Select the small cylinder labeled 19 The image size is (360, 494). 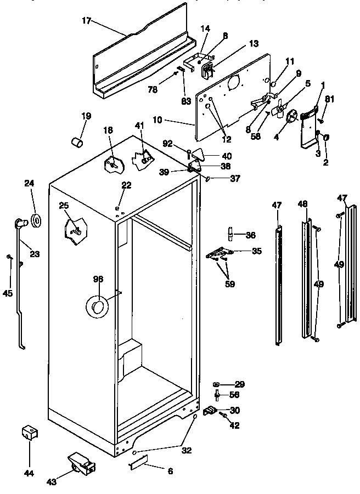point(78,142)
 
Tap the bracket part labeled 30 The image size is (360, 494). point(210,410)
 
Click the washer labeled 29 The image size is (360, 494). point(217,383)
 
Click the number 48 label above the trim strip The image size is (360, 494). point(303,205)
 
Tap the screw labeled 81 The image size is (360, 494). point(323,120)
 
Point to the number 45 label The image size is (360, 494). point(8,293)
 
